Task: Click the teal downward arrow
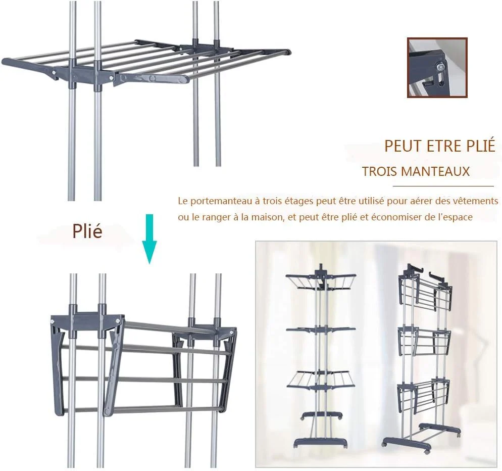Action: [x=149, y=239]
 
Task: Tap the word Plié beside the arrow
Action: [x=87, y=231]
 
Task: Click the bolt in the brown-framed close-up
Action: [x=441, y=66]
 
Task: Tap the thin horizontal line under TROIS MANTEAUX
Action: [x=443, y=186]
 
